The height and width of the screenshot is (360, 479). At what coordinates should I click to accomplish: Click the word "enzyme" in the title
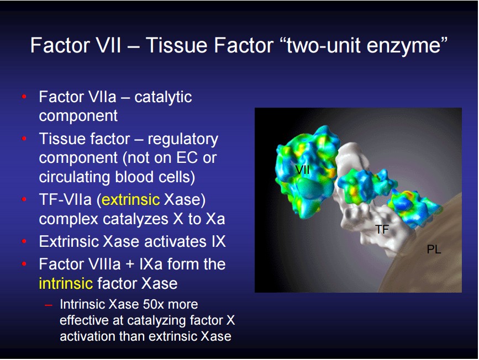pos(406,46)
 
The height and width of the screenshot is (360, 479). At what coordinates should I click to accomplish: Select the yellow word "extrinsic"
pos(130,200)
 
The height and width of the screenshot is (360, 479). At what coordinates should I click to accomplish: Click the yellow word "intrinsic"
pos(66,283)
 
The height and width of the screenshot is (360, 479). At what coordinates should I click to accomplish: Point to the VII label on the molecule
pos(302,170)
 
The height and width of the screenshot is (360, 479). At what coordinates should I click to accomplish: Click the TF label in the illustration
pos(382,229)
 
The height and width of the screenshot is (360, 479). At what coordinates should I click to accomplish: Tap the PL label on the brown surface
pos(434,250)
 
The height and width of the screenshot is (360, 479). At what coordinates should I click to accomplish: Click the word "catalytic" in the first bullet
pos(163,98)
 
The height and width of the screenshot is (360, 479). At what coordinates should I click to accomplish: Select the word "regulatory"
pos(183,140)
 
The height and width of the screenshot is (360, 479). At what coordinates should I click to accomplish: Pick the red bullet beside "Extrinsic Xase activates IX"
pos(24,241)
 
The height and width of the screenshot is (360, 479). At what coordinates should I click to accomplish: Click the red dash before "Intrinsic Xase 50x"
pos(48,304)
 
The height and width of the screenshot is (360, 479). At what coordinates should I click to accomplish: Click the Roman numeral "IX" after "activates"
pos(218,241)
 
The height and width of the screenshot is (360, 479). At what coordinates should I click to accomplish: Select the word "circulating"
pos(75,177)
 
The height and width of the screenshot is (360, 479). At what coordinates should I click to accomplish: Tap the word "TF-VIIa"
pos(65,200)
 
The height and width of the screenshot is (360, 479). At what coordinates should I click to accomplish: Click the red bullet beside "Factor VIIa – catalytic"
pos(24,97)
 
